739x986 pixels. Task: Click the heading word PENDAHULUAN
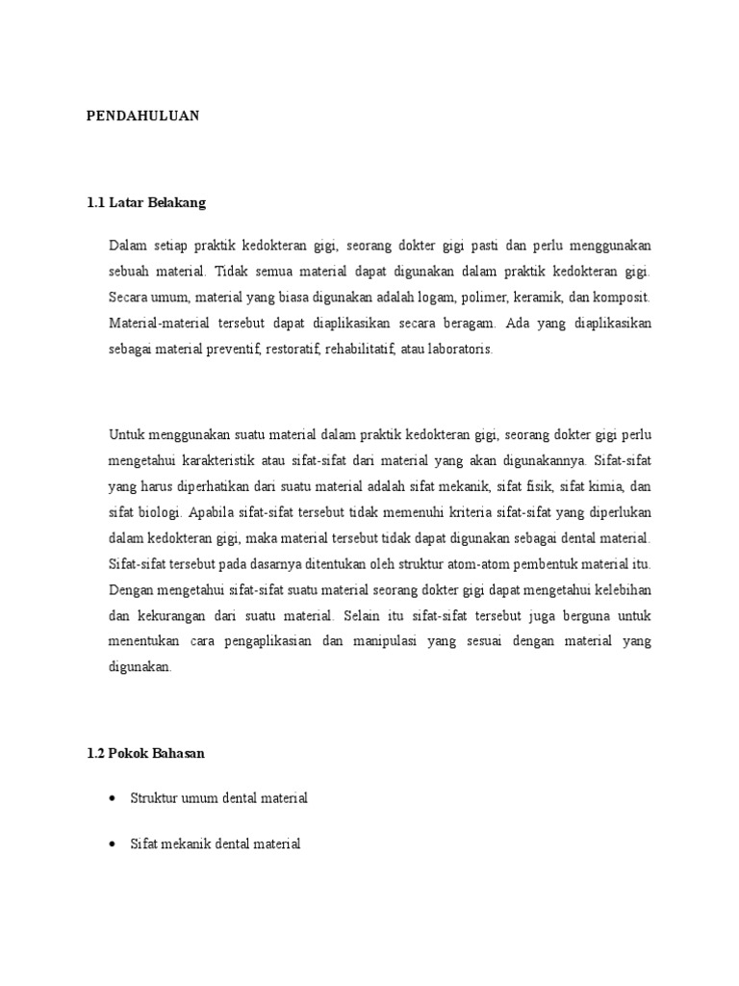tap(141, 116)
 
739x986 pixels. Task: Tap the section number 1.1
tap(95, 203)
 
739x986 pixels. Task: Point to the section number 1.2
tap(95, 754)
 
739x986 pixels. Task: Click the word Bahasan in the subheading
tap(177, 754)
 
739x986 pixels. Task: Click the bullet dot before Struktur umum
tap(115, 799)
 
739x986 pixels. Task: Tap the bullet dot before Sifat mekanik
tap(115, 844)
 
